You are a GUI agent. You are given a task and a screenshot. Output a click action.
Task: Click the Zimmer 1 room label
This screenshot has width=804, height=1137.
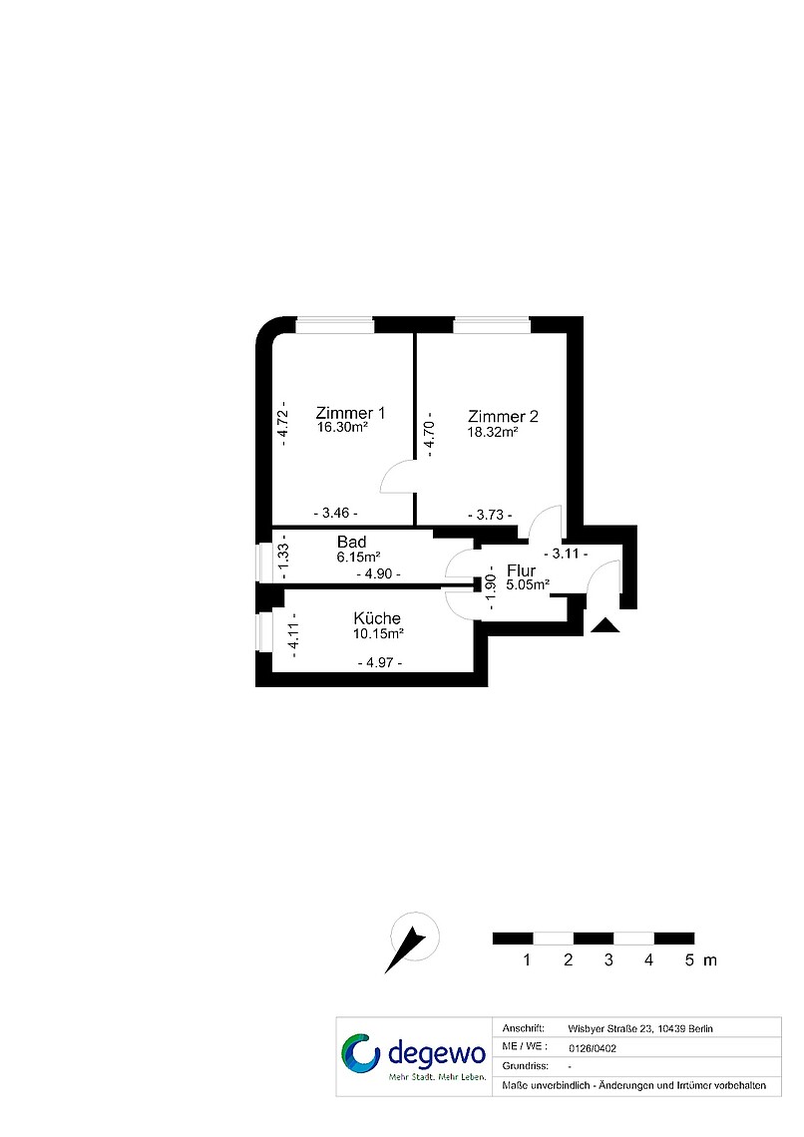350,413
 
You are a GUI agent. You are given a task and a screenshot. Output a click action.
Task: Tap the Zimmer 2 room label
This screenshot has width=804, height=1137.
503,416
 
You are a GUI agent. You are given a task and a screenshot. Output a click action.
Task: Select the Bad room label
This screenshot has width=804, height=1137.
351,542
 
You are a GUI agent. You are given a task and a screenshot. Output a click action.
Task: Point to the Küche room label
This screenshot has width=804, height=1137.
377,617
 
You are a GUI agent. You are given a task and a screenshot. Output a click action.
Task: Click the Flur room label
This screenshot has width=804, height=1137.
522,570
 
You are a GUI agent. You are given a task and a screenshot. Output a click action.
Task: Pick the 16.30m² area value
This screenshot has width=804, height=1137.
342,427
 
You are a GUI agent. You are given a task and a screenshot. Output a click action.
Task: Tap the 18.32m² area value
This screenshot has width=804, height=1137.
492,432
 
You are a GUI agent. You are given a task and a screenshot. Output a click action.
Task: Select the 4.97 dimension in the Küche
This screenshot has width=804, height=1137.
380,662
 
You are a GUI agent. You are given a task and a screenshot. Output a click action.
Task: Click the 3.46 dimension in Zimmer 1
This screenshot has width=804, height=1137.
335,513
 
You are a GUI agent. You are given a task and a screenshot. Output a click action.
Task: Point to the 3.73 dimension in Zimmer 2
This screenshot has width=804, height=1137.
490,515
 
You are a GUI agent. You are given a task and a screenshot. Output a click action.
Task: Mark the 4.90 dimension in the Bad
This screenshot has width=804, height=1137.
378,573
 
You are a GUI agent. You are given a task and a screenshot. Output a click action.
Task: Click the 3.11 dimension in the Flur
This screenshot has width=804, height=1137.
566,554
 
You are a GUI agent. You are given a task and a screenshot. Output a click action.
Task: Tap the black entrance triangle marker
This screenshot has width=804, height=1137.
605,625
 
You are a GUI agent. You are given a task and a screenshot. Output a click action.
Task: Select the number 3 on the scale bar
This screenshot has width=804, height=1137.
608,960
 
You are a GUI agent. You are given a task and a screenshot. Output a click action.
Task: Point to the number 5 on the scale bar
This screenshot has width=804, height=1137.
689,960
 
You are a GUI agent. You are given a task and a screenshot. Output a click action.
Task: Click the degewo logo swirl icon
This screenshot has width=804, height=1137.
361,1053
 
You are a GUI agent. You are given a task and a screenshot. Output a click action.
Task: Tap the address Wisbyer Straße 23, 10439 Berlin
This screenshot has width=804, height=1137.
640,1028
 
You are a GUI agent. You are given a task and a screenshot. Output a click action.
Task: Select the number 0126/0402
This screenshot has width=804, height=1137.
593,1048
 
